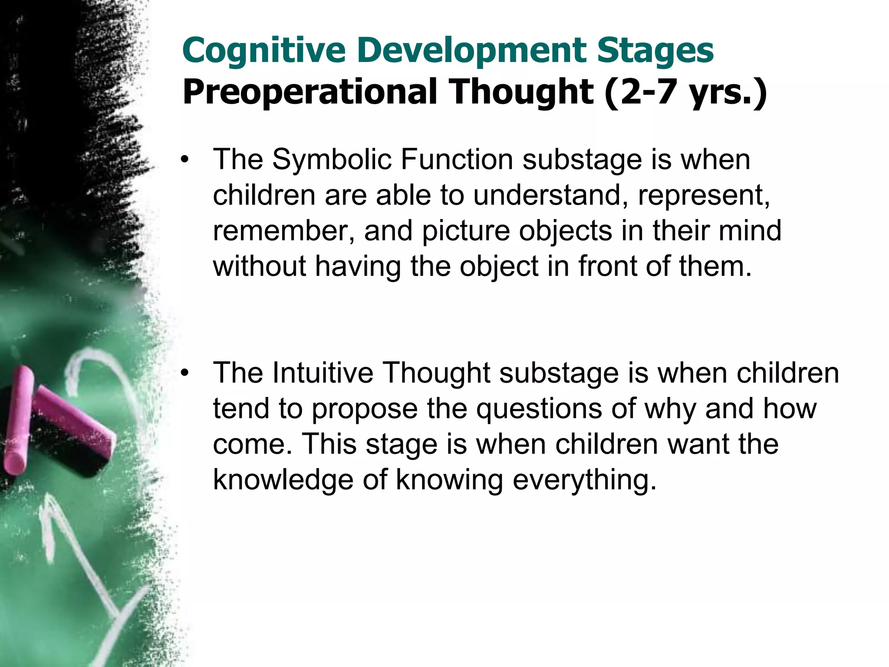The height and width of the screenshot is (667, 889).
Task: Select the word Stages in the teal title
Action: pyautogui.click(x=655, y=51)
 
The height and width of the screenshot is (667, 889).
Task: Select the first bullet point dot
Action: pyautogui.click(x=185, y=160)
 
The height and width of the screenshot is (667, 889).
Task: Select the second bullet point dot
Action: pyautogui.click(x=185, y=373)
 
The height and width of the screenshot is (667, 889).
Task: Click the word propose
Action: pyautogui.click(x=365, y=410)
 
